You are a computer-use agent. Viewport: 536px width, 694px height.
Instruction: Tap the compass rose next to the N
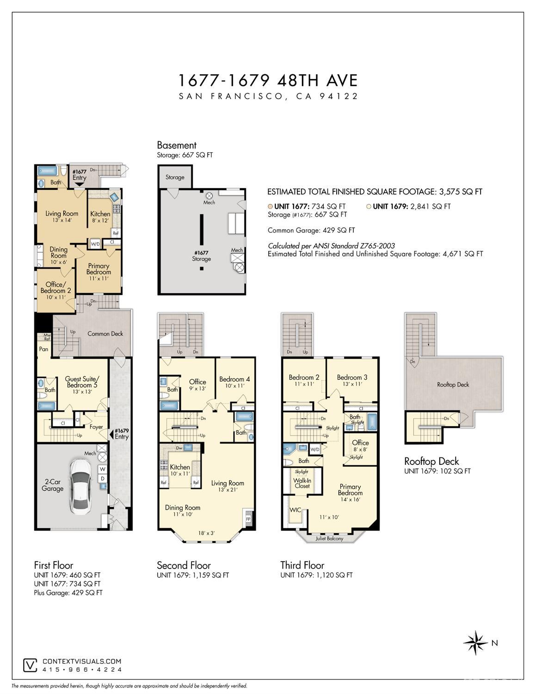[x=475, y=643]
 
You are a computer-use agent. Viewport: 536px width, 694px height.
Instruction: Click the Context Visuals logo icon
[x=31, y=665]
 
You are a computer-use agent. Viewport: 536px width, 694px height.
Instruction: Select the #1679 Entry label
[x=122, y=434]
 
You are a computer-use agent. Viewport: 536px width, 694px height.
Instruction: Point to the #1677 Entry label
[x=79, y=175]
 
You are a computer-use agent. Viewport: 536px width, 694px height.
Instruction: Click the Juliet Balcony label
[x=329, y=538]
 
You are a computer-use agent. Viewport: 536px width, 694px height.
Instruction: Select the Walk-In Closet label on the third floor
[x=302, y=483]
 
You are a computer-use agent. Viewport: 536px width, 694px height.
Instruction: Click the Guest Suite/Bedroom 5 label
[x=81, y=382]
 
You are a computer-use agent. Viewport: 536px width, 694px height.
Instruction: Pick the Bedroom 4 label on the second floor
[x=234, y=379]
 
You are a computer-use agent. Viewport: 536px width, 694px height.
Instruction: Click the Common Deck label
[x=105, y=333]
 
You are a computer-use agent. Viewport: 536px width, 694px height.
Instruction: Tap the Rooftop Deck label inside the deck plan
[x=453, y=385]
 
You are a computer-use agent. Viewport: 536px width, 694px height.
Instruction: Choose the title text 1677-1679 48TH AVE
[x=268, y=81]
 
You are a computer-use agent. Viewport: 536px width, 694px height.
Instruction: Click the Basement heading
[x=177, y=145]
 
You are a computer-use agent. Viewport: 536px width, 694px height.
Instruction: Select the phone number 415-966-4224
[x=82, y=669]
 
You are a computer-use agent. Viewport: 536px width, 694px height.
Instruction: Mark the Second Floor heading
[x=184, y=565]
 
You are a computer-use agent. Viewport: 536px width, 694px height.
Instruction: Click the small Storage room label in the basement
[x=175, y=177]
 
